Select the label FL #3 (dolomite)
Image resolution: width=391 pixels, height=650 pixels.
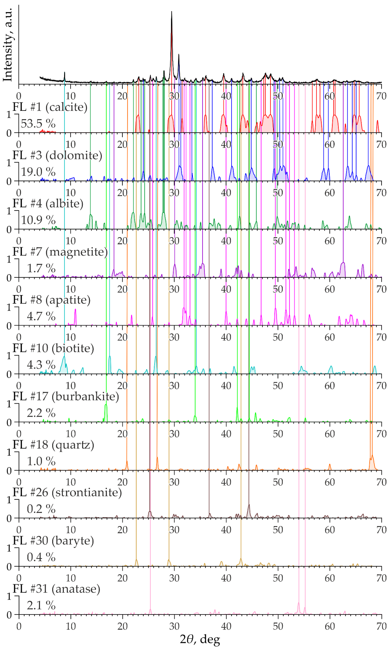(x=57, y=155)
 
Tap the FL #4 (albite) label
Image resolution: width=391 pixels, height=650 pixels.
(x=48, y=203)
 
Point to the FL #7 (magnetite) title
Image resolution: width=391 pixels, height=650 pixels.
(x=60, y=252)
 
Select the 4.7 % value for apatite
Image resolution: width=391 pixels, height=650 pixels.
(x=41, y=316)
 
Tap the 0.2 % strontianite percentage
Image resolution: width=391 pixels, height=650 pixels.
(x=41, y=509)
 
